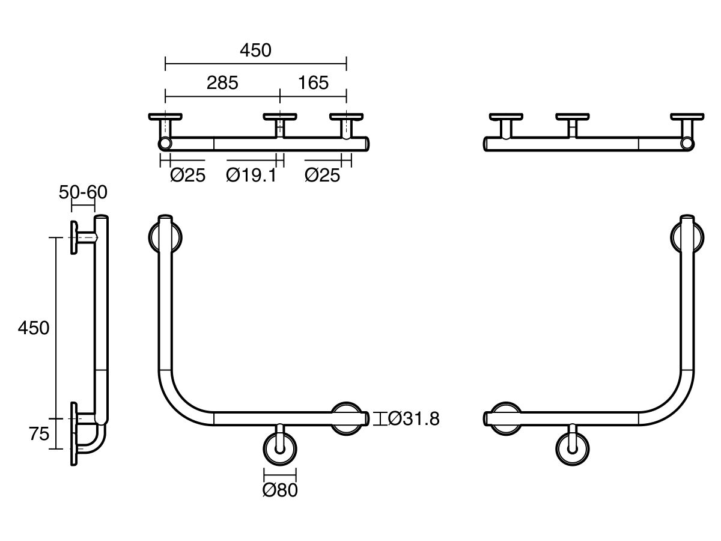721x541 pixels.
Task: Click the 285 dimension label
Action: pos(222,83)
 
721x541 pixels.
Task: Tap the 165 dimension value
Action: pos(313,83)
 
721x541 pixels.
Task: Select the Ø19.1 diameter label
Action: pos(251,176)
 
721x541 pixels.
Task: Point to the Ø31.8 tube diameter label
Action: pos(413,418)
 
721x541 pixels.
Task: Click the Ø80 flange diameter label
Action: pos(280,491)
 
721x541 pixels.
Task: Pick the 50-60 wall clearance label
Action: pos(83,192)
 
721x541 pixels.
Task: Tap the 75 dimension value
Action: pos(39,434)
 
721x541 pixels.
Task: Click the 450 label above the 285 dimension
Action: pos(255,50)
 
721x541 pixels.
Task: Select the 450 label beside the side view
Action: pos(34,328)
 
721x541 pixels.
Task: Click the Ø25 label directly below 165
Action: pos(322,176)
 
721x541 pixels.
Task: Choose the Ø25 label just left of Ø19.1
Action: pos(187,176)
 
